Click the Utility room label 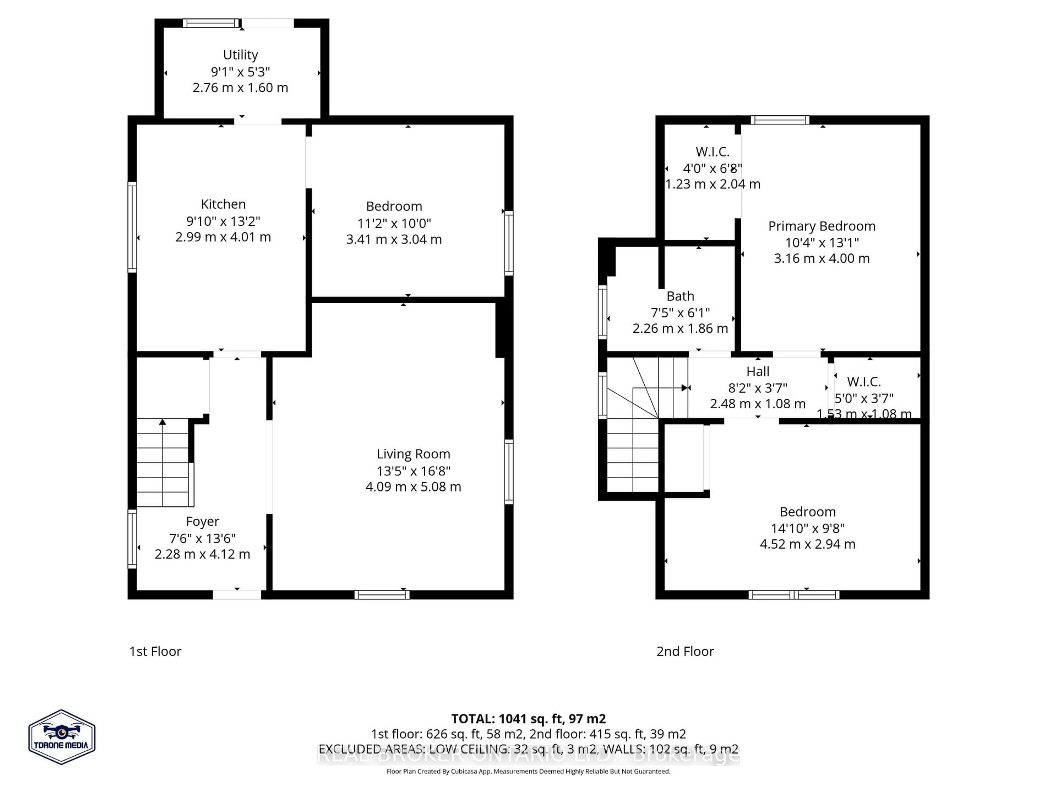pyautogui.click(x=240, y=55)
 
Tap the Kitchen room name pyautogui.click(x=223, y=204)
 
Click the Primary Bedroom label pyautogui.click(x=821, y=226)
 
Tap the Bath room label pyautogui.click(x=680, y=296)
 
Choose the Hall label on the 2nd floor pyautogui.click(x=758, y=371)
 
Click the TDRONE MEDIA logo pyautogui.click(x=62, y=737)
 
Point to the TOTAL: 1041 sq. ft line pyautogui.click(x=528, y=718)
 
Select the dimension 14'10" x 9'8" pyautogui.click(x=808, y=528)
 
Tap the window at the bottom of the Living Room pyautogui.click(x=382, y=595)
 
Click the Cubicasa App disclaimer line pyautogui.click(x=528, y=771)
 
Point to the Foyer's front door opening pyautogui.click(x=237, y=595)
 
